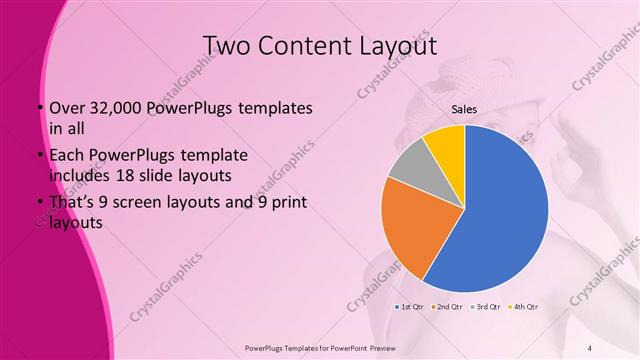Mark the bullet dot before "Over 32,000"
pos(39,108)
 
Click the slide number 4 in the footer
pos(590,348)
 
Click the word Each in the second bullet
pos(66,157)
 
